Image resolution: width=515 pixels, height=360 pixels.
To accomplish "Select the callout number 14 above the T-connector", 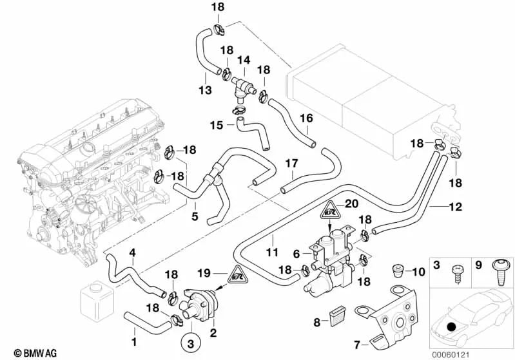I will [243, 60].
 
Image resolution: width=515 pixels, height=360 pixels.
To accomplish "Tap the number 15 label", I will [217, 124].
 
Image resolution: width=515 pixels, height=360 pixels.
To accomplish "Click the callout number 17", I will [292, 164].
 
